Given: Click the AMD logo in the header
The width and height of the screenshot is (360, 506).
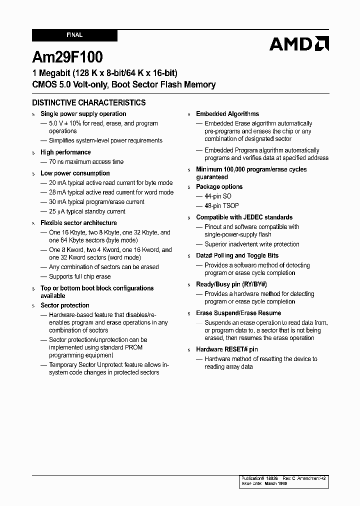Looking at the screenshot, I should pyautogui.click(x=298, y=44).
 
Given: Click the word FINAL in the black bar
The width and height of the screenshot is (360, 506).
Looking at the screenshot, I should pyautogui.click(x=74, y=35).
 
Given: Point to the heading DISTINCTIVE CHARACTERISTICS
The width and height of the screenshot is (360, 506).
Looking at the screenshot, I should pyautogui.click(x=89, y=102).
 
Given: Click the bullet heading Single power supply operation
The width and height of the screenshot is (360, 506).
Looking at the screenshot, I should pyautogui.click(x=83, y=114).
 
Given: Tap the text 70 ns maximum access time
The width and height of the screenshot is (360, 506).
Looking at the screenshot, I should pyautogui.click(x=86, y=161).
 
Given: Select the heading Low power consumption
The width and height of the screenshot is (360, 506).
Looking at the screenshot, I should pyautogui.click(x=75, y=173).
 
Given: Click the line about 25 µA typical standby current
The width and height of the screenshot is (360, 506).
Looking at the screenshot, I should pyautogui.click(x=87, y=211).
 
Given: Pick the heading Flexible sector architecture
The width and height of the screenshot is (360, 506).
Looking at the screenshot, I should pyautogui.click(x=78, y=223).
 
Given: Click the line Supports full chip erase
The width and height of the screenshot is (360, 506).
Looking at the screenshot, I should pyautogui.click(x=79, y=276).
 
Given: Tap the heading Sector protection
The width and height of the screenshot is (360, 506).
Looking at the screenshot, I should pyautogui.click(x=65, y=305).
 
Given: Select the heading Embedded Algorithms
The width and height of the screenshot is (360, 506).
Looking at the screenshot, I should pyautogui.click(x=227, y=114).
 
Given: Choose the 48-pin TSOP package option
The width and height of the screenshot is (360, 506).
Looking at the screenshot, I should pyautogui.click(x=221, y=205).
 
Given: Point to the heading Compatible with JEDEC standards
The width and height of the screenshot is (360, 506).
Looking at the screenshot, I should pyautogui.click(x=244, y=217).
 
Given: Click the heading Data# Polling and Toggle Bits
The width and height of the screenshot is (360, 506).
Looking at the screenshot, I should pyautogui.click(x=237, y=255).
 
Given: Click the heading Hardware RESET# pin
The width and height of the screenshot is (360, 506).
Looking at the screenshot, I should pyautogui.click(x=227, y=349).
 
